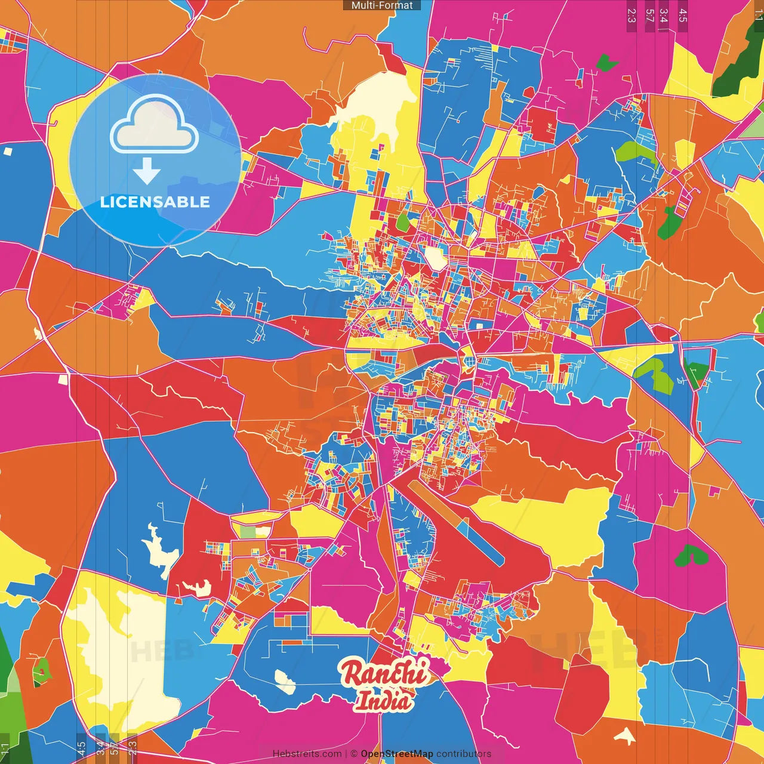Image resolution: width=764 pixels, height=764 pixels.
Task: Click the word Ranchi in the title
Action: tap(384, 673)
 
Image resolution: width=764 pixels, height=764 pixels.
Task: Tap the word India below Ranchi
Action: tap(384, 701)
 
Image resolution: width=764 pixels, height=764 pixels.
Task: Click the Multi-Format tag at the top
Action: tap(382, 5)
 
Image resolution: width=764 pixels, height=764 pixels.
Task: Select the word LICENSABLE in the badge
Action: tap(155, 202)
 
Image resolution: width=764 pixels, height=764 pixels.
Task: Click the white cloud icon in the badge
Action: tap(155, 125)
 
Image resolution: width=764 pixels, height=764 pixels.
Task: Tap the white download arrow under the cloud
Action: tap(147, 171)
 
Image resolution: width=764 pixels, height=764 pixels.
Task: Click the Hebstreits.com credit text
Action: tap(307, 754)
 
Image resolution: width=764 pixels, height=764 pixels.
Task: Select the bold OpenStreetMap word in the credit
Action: tap(396, 754)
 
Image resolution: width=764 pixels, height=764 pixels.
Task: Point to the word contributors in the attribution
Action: tap(464, 754)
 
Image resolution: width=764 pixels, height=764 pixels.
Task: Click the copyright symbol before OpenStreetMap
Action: tap(354, 754)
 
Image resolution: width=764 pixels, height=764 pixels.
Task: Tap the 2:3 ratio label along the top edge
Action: tap(631, 16)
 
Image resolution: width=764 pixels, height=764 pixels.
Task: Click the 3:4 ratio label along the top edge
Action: tap(664, 16)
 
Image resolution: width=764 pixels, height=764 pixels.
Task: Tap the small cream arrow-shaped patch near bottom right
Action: tap(624, 736)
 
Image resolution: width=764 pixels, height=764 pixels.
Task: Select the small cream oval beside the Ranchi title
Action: tap(285, 681)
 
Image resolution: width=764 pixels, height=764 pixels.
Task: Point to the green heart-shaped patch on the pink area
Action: tap(691, 556)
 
